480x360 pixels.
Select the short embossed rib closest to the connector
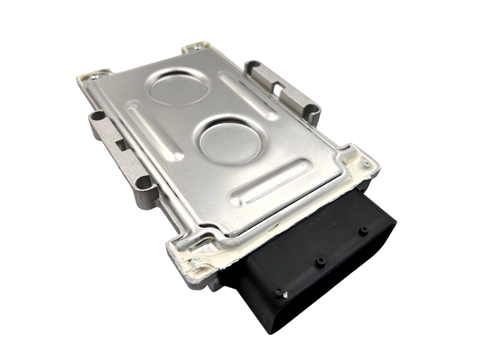point(273,179)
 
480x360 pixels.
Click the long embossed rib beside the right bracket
point(248,95)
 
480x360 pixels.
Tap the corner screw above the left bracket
point(94,77)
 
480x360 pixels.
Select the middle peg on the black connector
point(321,261)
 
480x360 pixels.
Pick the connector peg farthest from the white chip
point(363,230)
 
